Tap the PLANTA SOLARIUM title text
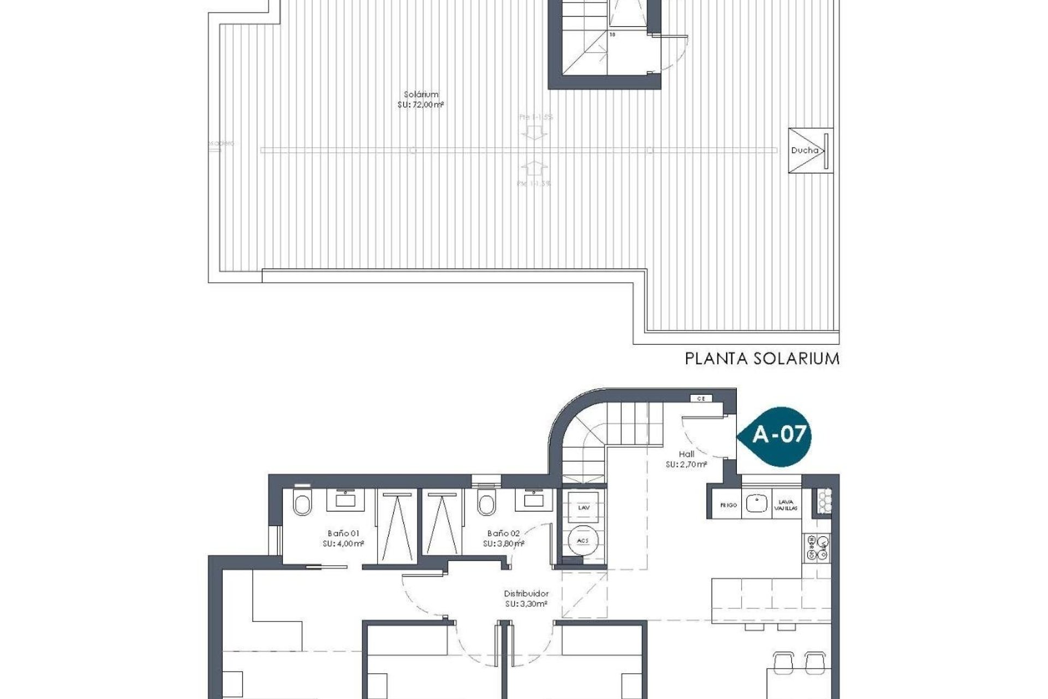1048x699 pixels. (762, 359)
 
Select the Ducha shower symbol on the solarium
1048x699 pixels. (811, 151)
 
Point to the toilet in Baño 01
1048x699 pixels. (301, 503)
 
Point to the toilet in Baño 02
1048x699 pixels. (485, 503)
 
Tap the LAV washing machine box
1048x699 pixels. (583, 507)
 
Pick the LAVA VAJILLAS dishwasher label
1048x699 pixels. (786, 505)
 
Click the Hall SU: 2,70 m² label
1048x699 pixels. (686, 459)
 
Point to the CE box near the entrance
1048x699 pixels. (701, 399)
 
